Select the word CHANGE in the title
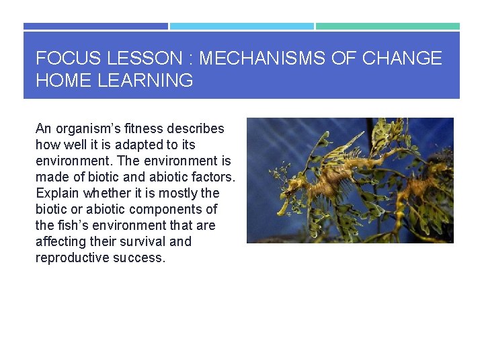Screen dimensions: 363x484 (x=402, y=58)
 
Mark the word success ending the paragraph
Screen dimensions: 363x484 (x=138, y=257)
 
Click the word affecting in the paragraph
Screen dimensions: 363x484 (x=63, y=241)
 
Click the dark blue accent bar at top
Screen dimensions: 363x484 (x=95, y=26)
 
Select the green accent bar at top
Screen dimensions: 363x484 (x=388, y=26)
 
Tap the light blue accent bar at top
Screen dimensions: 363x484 (x=241, y=26)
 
